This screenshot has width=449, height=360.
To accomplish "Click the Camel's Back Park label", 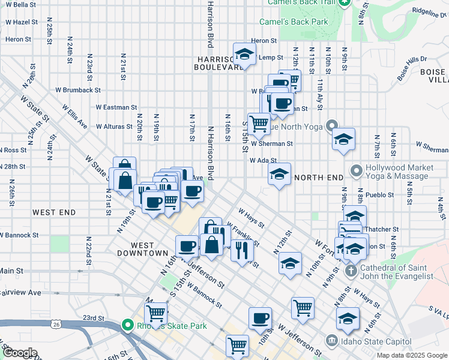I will coord(293,22).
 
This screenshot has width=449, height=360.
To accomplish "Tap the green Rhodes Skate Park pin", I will coord(127,326).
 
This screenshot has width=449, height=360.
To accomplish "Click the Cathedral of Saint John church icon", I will coord(352,271).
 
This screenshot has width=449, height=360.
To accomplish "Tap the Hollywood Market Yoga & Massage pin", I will coord(356,172).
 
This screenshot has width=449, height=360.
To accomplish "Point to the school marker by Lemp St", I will coord(244,56).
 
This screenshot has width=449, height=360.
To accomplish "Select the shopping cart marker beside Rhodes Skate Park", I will coord(156,312).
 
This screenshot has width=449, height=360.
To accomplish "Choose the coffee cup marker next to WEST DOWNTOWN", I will coord(187,246).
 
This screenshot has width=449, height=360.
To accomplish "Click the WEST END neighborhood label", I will coord(54,212).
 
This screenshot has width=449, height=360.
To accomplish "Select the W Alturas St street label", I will coord(110,127).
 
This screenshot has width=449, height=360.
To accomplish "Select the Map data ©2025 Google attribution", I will coord(411,355).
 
